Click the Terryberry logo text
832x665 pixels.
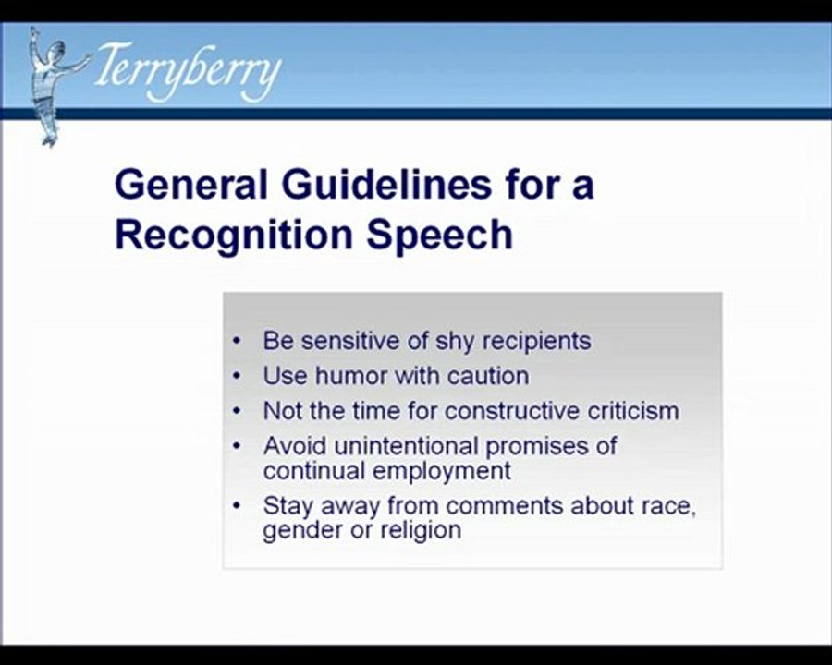coord(186,71)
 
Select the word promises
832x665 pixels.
coord(540,446)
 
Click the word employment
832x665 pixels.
coord(444,470)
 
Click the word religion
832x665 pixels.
coord(420,530)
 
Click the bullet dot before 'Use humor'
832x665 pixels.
coord(238,377)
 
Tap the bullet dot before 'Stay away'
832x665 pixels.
coord(238,506)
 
